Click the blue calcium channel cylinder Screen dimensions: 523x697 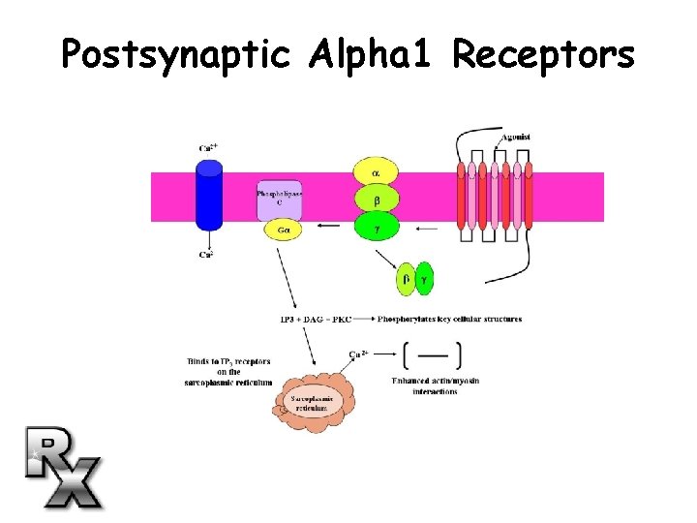(x=209, y=195)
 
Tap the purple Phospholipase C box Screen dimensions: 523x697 (x=279, y=200)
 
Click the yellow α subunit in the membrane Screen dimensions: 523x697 (x=376, y=173)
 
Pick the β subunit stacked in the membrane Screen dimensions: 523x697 (x=376, y=200)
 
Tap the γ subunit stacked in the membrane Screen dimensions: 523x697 (x=376, y=229)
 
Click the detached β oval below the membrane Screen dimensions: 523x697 (x=407, y=279)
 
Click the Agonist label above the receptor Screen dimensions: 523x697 (x=515, y=138)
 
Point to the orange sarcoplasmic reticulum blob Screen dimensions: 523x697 (x=312, y=401)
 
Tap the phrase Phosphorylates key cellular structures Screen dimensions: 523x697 (x=449, y=319)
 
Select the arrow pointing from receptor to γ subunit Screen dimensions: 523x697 (x=425, y=230)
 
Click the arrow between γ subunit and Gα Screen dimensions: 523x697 (x=329, y=228)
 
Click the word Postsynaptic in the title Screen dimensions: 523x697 (x=175, y=54)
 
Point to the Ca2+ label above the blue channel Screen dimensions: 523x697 (x=207, y=148)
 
